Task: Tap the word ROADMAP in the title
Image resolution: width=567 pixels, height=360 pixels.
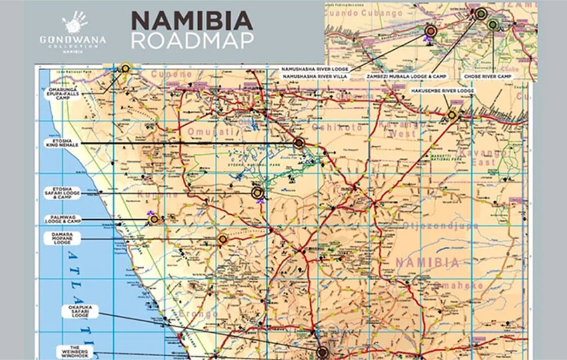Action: click(x=192, y=40)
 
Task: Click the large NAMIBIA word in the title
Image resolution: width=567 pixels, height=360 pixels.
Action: click(x=192, y=19)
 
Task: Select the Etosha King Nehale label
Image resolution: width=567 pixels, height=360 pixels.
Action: click(x=61, y=144)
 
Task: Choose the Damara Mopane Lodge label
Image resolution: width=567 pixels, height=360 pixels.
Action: click(x=61, y=238)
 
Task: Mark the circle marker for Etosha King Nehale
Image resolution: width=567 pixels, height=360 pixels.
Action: click(x=299, y=142)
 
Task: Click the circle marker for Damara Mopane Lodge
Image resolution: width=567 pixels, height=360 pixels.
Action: click(x=223, y=239)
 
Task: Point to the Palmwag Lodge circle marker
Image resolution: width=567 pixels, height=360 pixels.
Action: click(x=154, y=219)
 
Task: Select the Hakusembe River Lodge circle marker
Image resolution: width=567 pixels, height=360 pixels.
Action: click(x=452, y=115)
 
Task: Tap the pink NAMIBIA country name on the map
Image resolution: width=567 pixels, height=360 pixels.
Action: click(x=426, y=263)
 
